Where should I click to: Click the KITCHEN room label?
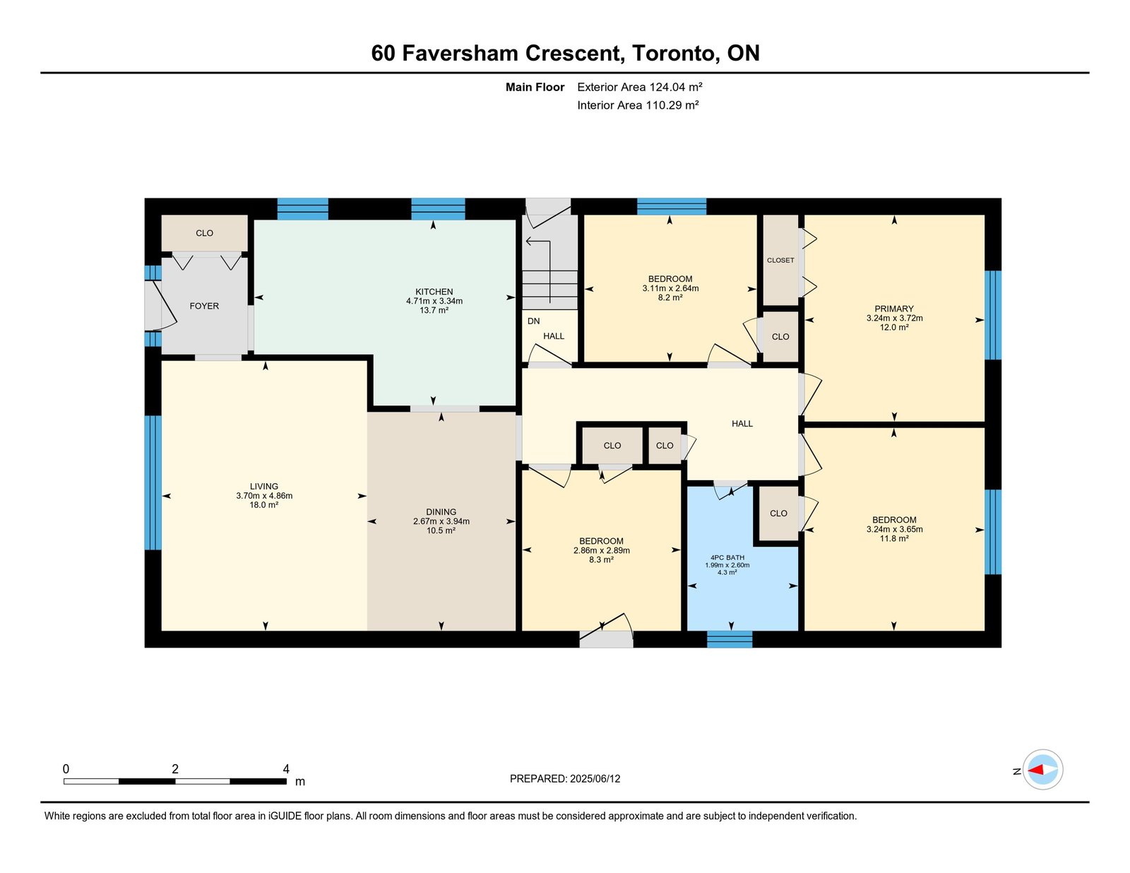434,292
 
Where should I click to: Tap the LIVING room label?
263,487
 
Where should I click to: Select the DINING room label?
441,511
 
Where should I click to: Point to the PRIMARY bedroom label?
894,309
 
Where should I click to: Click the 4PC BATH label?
727,557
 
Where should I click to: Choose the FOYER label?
204,307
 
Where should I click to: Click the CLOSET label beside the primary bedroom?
780,260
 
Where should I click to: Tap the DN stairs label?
533,321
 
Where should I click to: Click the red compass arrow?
1035,770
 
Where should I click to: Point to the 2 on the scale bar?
175,769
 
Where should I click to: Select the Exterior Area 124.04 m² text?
640,87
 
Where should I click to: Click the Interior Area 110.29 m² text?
638,105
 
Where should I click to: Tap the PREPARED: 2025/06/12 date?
565,778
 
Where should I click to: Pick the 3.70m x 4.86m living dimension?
264,496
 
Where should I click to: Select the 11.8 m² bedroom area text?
894,539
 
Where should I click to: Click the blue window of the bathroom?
730,639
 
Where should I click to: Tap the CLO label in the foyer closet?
204,233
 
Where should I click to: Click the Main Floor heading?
535,87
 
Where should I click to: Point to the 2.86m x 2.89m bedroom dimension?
601,551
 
